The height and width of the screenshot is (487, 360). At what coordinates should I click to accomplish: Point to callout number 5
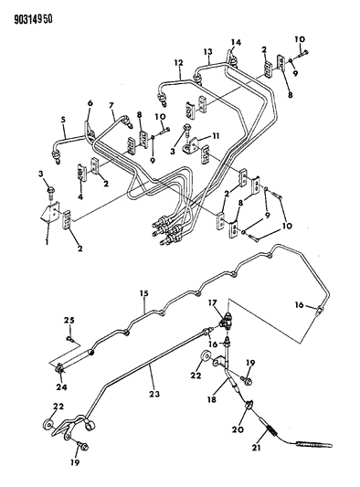coord(63,119)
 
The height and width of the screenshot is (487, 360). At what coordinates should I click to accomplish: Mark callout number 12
coord(180,64)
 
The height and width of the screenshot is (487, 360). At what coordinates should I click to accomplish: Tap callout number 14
coord(235,42)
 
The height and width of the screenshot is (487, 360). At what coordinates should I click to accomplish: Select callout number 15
coord(143,293)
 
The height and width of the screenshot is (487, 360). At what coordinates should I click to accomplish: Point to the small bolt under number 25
coord(69,338)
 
